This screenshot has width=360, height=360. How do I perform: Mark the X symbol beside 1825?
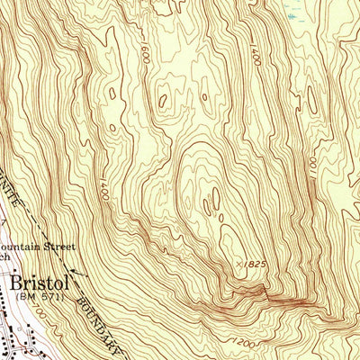238,264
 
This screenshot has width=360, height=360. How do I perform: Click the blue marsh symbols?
290,13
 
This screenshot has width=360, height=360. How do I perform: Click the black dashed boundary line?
54,238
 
